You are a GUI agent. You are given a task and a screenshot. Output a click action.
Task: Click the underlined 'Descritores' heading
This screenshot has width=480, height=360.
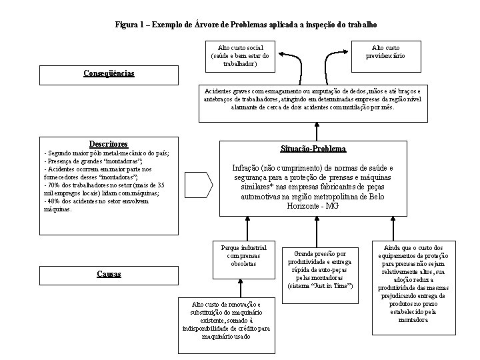[108, 144]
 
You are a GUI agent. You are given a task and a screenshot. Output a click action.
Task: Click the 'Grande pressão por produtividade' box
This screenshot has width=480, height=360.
[315, 270]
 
